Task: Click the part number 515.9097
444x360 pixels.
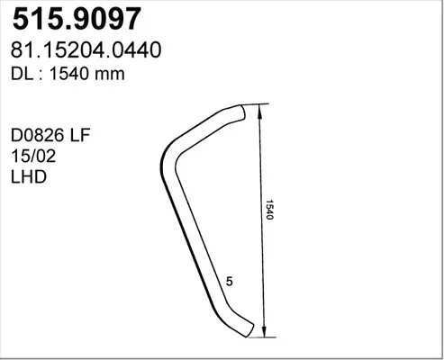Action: tap(77, 19)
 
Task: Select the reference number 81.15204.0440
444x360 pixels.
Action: tap(86, 50)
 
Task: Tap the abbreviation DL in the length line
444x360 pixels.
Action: tap(22, 74)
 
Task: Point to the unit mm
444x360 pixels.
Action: tap(110, 76)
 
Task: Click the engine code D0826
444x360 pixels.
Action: tap(38, 135)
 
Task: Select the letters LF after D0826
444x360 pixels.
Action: tap(80, 135)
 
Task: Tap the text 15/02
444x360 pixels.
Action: tap(33, 156)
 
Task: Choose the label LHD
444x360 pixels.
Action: tap(29, 177)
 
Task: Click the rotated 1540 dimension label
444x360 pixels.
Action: tap(269, 210)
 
